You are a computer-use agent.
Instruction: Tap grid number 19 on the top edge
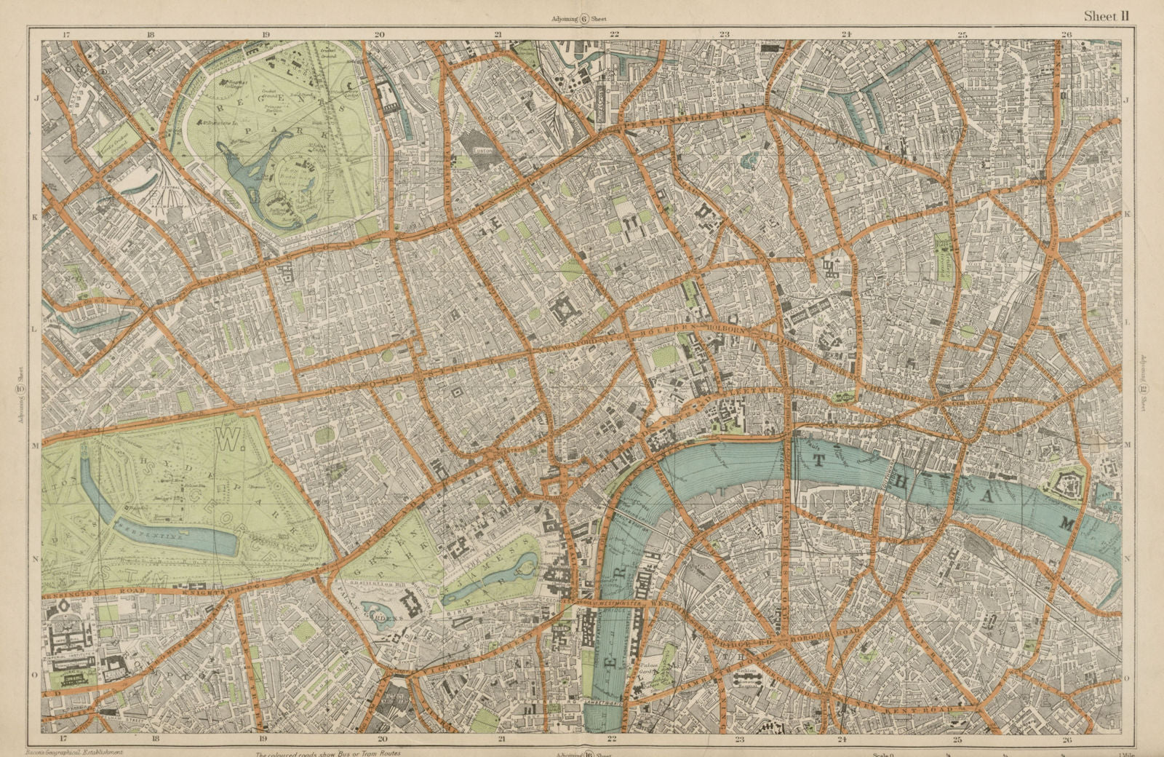266,33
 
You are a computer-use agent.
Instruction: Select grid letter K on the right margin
1128,214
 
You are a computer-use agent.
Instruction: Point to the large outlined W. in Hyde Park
225,440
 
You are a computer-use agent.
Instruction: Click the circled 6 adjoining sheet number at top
583,20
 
